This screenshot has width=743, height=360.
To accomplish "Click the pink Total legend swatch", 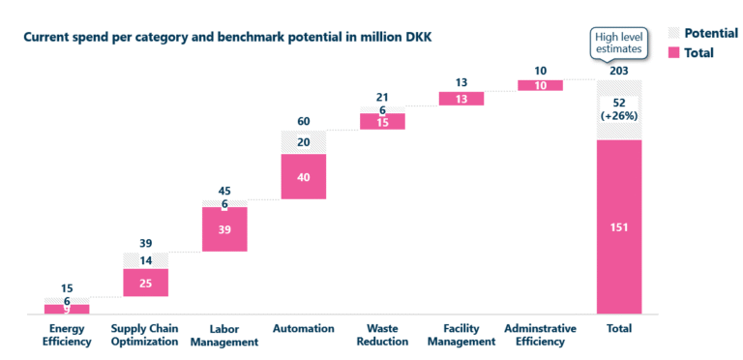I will point(671,53).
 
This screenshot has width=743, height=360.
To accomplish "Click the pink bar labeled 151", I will point(619,226).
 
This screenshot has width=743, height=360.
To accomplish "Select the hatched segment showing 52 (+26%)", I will point(619,110).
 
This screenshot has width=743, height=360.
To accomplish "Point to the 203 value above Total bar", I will point(619,71).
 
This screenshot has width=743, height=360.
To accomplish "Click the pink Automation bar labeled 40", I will point(303,176).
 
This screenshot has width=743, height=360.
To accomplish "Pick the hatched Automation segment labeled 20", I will point(303,141).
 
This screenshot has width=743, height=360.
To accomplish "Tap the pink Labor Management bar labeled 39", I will point(224,228).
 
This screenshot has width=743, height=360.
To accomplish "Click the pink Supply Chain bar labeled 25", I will point(145,282).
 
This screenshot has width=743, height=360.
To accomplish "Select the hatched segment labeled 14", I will point(145,260).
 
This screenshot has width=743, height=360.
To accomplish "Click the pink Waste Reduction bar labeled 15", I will point(382,122).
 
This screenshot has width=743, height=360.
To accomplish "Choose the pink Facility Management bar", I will point(461,98).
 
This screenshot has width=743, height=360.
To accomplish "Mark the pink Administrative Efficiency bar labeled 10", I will point(540,85).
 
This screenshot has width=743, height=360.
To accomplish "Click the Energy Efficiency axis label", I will point(67,335).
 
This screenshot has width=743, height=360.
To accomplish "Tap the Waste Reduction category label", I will point(382,335).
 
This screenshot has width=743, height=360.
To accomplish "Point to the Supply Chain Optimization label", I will point(145,335).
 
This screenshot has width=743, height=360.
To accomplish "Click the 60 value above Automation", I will point(303,122).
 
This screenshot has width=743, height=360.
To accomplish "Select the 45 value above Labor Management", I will point(224,191).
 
